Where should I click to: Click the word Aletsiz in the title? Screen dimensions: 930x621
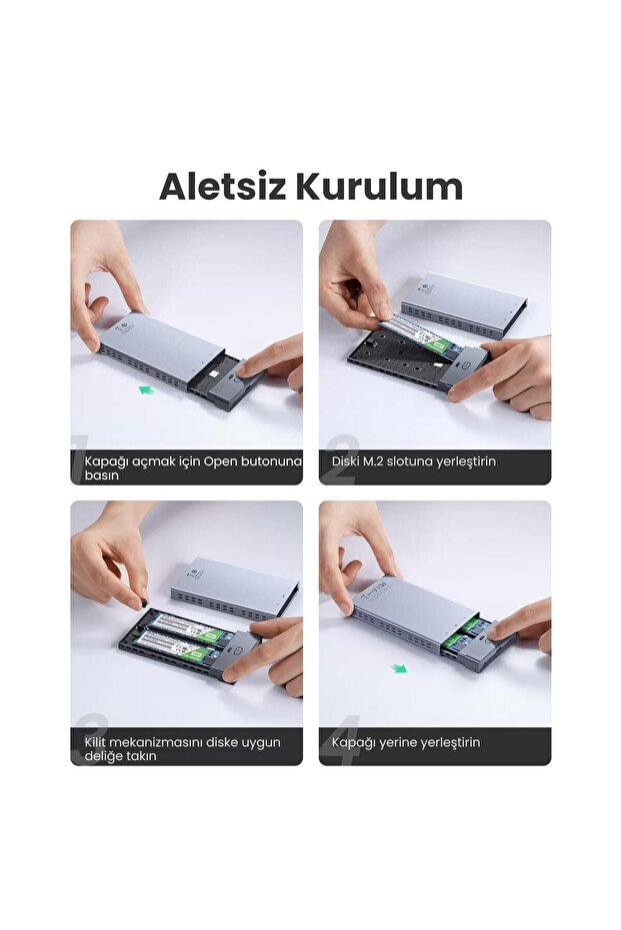[x=222, y=187]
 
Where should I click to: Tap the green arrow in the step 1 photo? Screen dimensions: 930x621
[x=149, y=391]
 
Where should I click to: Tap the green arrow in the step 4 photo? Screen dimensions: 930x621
[x=400, y=668]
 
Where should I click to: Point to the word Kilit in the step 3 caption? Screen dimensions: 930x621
[x=96, y=742]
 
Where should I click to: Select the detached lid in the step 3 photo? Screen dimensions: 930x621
[x=230, y=585]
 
